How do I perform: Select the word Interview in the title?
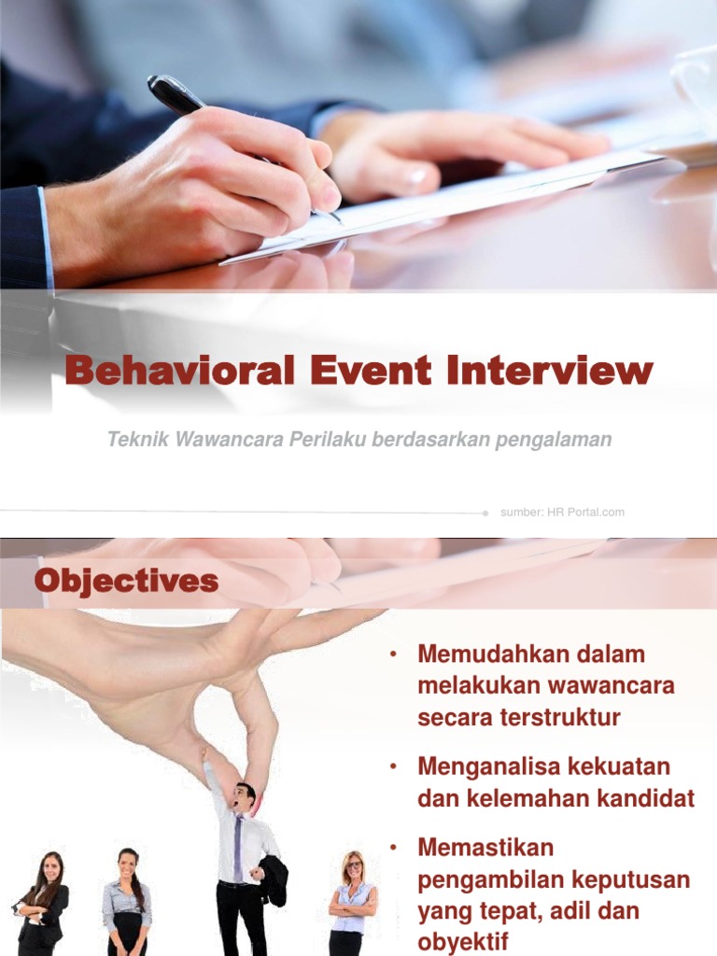tap(548, 372)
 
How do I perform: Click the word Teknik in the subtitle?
tap(134, 440)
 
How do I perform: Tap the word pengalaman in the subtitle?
tap(558, 440)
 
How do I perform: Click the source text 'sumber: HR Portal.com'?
tap(562, 513)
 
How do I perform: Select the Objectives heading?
tap(126, 582)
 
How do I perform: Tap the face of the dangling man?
tap(245, 796)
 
